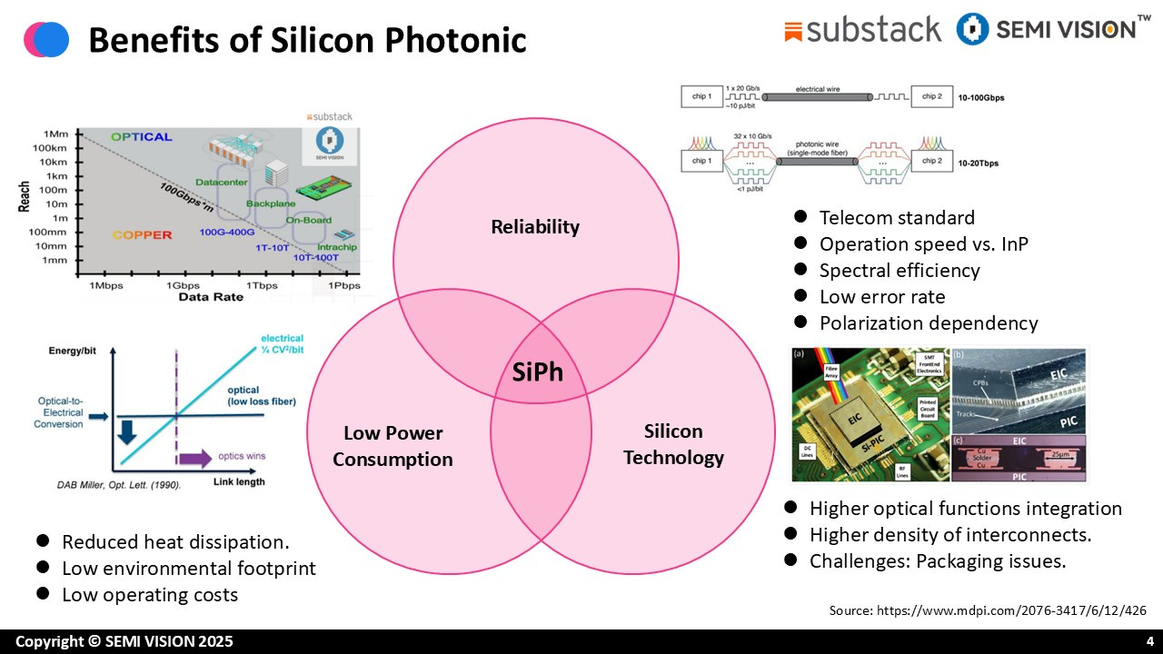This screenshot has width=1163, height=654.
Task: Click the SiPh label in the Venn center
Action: coord(539,371)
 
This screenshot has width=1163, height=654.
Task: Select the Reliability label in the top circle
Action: coord(535,227)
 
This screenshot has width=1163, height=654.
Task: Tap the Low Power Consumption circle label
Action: coord(393,446)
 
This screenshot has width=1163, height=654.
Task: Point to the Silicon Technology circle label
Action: coord(673,443)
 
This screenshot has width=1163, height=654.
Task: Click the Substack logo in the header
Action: coord(862,30)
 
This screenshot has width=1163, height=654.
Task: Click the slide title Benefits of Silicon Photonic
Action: coord(307,40)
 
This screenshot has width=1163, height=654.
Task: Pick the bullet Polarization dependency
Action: coord(928,323)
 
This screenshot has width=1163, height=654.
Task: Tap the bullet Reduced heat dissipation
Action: coord(175,542)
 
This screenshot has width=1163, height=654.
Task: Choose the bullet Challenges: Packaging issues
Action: coord(938,561)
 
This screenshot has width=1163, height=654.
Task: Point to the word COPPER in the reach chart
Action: coord(142,235)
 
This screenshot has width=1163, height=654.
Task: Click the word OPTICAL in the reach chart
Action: coord(141,137)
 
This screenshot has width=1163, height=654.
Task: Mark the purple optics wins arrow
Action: coord(195,457)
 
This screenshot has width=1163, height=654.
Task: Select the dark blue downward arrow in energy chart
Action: coord(126,429)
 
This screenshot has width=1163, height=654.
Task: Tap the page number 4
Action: coord(1149,641)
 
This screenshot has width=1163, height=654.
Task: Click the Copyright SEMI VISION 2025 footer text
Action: coord(124,641)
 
